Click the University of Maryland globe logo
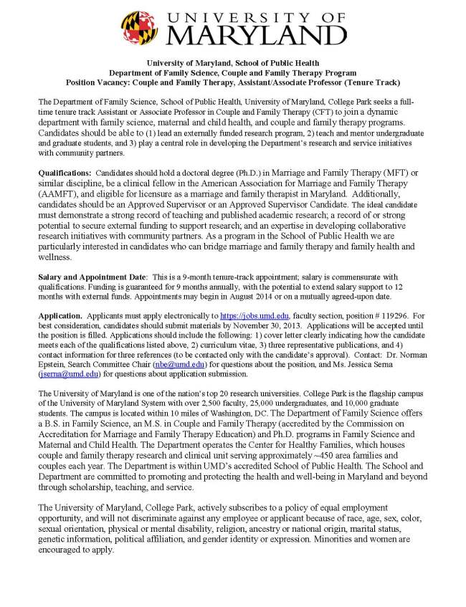(x=138, y=28)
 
